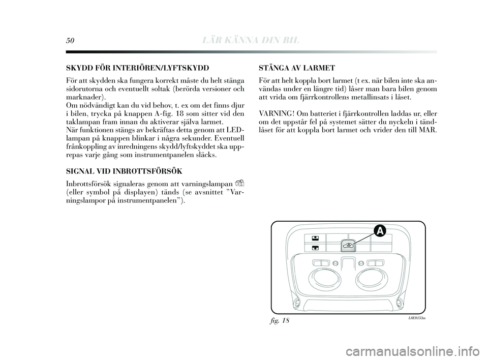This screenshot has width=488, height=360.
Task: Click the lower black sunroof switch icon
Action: coord(315,248)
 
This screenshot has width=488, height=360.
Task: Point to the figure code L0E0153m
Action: coord(415,318)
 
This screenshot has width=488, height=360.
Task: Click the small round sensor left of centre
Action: coord(335,263)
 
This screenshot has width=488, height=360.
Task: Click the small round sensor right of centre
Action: coord(360,263)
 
